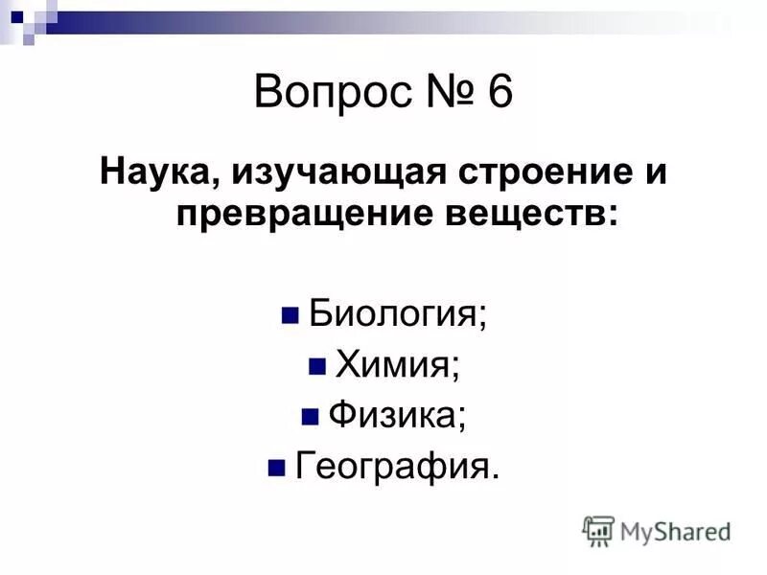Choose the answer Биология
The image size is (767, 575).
pyautogui.click(x=398, y=315)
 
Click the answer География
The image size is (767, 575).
pyautogui.click(x=397, y=467)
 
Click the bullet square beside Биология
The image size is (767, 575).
pyautogui.click(x=289, y=315)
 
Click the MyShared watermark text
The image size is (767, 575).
pyautogui.click(x=675, y=530)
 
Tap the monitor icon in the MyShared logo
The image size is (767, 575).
pyautogui.click(x=599, y=529)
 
